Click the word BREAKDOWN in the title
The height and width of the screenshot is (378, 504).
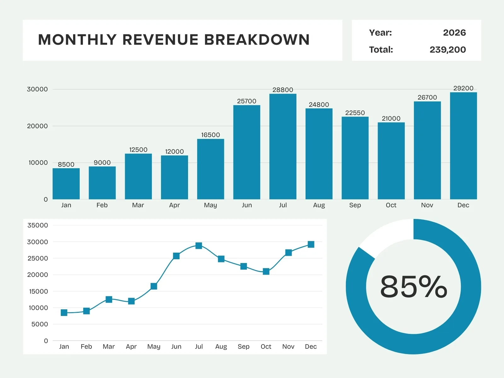[x=257, y=40]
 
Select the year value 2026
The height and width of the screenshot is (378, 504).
[x=454, y=33]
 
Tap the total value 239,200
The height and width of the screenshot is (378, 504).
[x=448, y=50]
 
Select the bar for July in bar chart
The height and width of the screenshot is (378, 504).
[x=283, y=146]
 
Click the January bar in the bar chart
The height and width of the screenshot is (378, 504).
[x=66, y=184]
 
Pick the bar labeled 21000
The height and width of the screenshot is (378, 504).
[x=391, y=161]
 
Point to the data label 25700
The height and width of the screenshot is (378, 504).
[x=247, y=101]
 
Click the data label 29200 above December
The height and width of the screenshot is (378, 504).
[x=463, y=88]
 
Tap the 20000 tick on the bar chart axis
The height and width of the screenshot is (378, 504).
[x=37, y=126]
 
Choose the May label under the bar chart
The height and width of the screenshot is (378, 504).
[x=210, y=205]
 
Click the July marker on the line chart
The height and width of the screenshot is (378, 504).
[x=199, y=246]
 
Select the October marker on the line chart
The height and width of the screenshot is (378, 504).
[x=266, y=272]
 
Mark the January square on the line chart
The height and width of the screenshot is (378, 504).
[x=64, y=312]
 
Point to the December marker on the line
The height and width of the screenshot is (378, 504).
[x=311, y=244]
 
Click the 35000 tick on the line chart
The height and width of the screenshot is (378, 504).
[x=38, y=225]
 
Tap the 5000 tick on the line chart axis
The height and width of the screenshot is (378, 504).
[x=40, y=324]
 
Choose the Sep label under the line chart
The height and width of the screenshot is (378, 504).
[x=243, y=346]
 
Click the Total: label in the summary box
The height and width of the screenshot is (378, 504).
[x=381, y=50]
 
